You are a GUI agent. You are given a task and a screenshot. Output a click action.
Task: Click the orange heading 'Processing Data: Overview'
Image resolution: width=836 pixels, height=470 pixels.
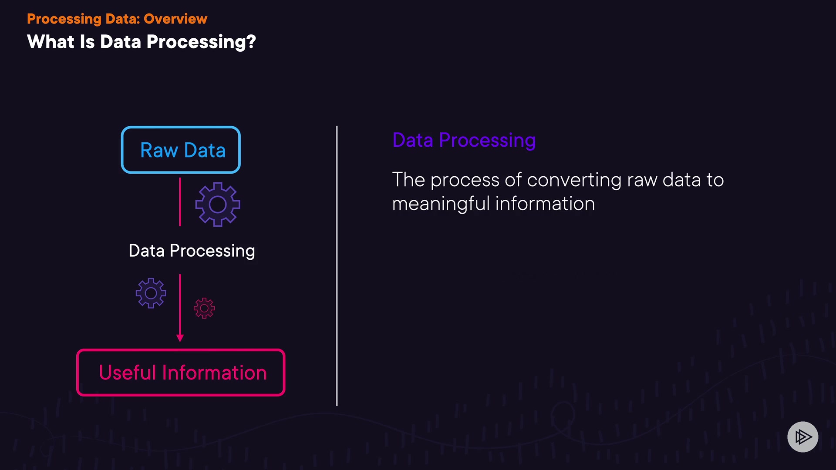pyautogui.click(x=117, y=19)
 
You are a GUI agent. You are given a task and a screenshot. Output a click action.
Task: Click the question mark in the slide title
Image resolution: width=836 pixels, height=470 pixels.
pyautogui.click(x=251, y=42)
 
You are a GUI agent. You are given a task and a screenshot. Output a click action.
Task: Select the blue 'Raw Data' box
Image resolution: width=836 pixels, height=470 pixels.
pyautogui.click(x=181, y=127)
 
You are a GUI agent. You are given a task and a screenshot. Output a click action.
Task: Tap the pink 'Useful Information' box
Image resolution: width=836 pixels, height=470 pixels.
pyautogui.click(x=181, y=350)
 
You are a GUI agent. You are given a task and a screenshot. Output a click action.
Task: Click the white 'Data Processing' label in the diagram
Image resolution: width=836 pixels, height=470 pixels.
pyautogui.click(x=192, y=251)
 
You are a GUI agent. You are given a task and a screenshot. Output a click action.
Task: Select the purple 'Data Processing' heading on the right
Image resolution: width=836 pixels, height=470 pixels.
pyautogui.click(x=464, y=141)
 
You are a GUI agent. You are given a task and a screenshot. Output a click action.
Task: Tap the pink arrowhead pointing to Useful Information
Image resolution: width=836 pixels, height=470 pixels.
pyautogui.click(x=180, y=338)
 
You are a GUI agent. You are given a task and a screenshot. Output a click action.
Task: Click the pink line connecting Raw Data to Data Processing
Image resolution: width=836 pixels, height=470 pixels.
pyautogui.click(x=180, y=202)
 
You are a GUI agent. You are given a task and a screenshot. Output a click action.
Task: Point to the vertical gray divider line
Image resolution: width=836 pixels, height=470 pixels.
pyautogui.click(x=337, y=266)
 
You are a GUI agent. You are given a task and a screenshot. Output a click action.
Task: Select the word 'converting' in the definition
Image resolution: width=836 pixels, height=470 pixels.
pyautogui.click(x=574, y=180)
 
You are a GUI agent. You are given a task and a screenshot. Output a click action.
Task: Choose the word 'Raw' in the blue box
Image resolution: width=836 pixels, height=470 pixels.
pyautogui.click(x=159, y=151)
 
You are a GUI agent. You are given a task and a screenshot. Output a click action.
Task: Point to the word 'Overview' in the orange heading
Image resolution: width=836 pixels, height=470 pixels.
pyautogui.click(x=175, y=19)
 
